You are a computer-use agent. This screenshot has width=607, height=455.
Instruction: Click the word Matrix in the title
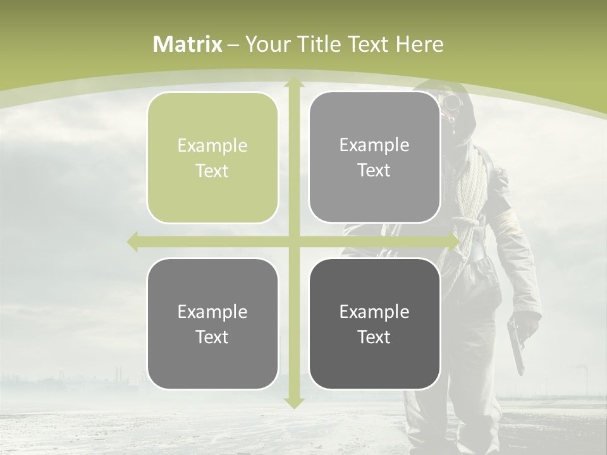coord(188,44)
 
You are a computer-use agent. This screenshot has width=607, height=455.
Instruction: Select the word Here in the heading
coord(420,44)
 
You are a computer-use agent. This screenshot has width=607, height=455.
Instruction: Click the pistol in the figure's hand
coord(515,344)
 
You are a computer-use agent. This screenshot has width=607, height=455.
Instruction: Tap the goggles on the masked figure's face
coord(453,102)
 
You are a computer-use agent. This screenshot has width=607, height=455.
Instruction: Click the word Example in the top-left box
coord(212,146)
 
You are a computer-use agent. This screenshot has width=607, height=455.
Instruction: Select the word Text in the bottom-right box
coord(374,337)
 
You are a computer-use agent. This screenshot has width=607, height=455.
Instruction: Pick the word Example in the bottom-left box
coord(212,312)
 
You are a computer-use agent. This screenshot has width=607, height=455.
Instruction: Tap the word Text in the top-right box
coord(374,171)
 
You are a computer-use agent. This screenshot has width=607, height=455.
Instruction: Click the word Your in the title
coord(265,44)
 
